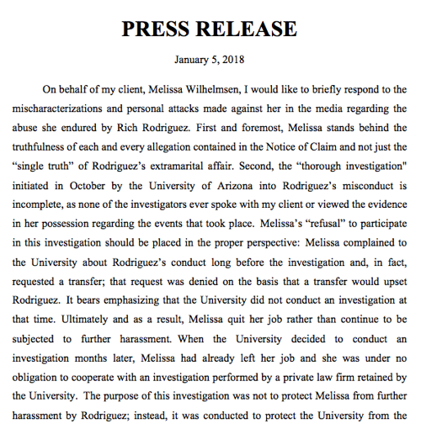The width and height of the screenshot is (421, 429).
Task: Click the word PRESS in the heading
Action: (159, 29)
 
